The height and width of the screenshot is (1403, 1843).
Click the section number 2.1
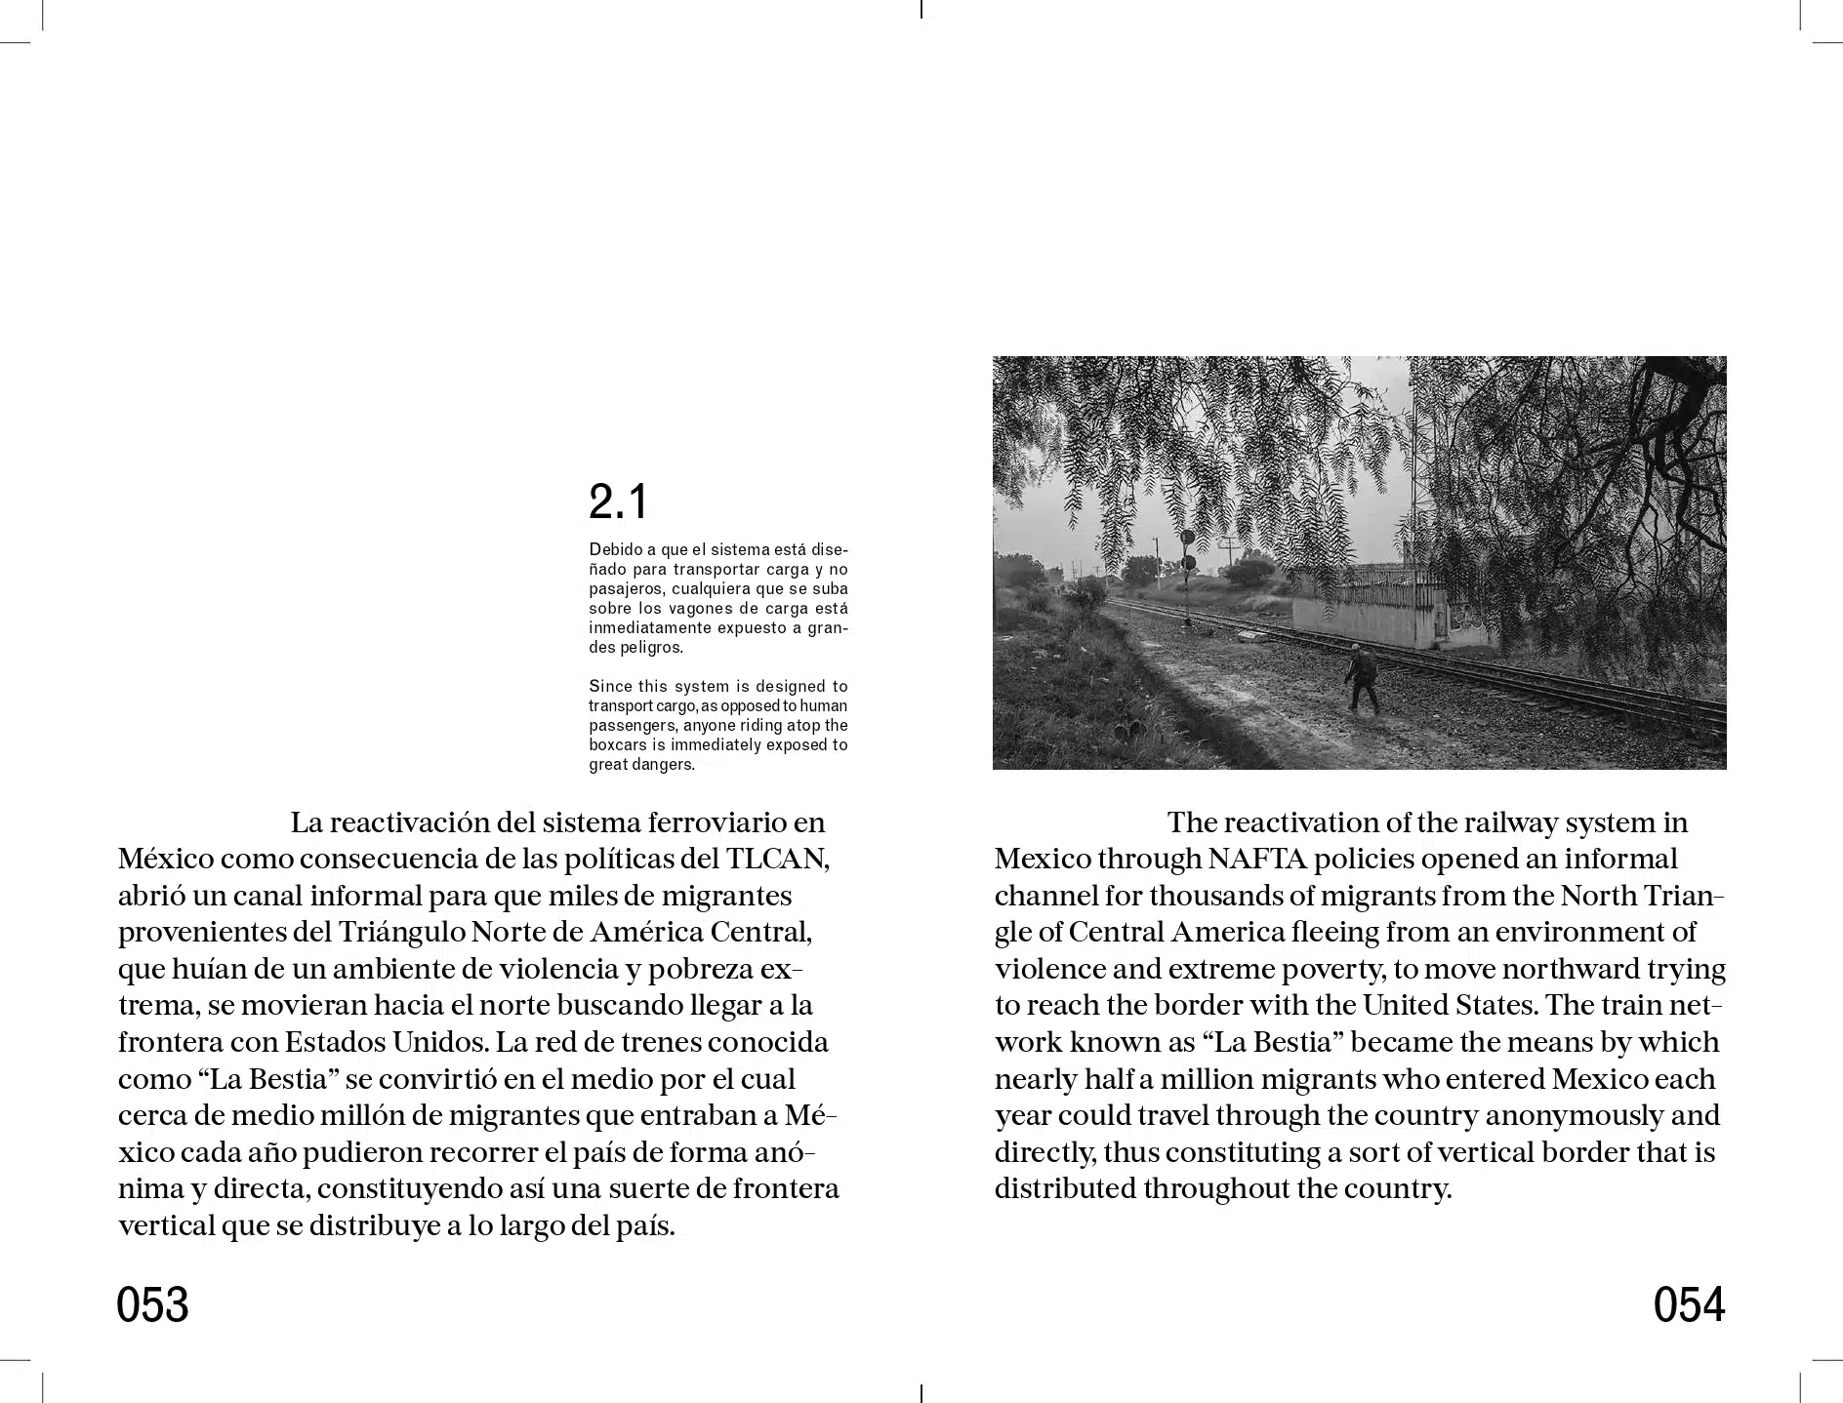point(618,502)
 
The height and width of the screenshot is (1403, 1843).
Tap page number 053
point(152,1304)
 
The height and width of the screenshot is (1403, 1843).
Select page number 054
point(1689,1304)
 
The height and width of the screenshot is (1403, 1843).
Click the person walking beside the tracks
point(1363,677)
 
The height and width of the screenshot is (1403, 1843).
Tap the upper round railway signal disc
point(1187,538)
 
